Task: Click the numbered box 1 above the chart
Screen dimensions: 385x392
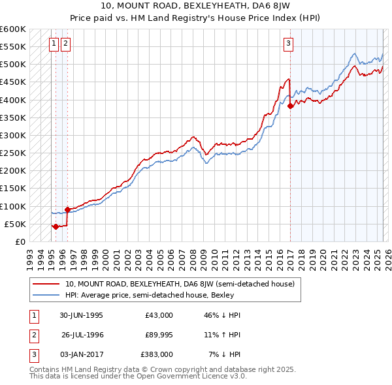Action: [x=54, y=44]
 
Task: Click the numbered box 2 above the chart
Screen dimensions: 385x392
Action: [x=66, y=44]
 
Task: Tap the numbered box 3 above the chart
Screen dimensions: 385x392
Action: [x=288, y=44]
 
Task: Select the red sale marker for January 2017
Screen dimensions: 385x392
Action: [x=290, y=106]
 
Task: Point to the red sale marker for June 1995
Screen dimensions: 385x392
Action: [x=56, y=226]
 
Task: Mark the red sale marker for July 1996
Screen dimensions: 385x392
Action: [x=67, y=209]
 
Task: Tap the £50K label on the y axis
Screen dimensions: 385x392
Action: [x=15, y=224]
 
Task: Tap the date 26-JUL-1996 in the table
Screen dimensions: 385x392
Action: [x=82, y=335]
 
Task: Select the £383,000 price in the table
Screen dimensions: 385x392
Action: [x=157, y=354]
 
